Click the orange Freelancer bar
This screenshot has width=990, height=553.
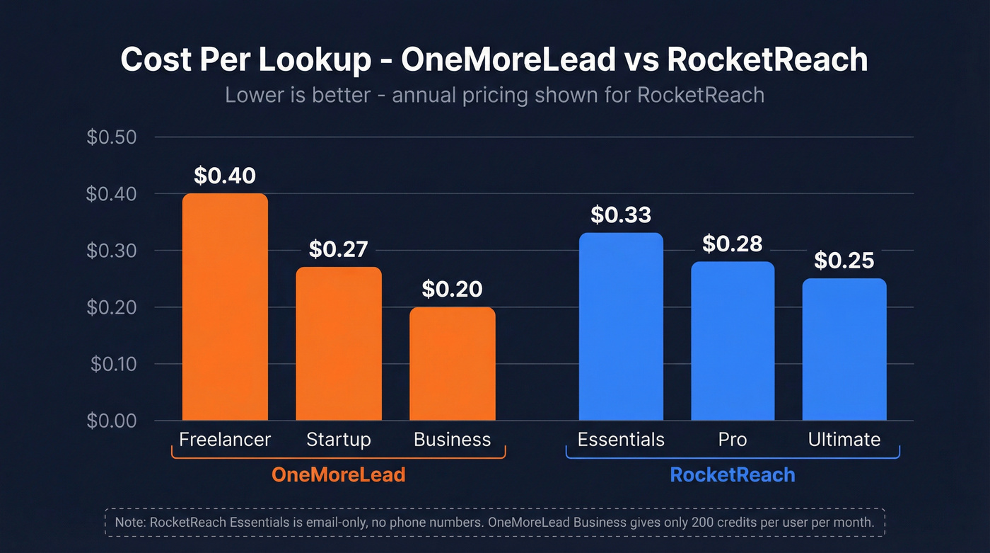[225, 307]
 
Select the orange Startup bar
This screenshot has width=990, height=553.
[338, 344]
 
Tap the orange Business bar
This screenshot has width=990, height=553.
[452, 364]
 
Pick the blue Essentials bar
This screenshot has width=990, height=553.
[621, 327]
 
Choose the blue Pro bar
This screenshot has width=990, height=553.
[733, 341]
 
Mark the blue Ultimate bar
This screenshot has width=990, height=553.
[844, 350]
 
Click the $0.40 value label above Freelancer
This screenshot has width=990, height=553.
[225, 176]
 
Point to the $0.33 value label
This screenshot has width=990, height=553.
[621, 215]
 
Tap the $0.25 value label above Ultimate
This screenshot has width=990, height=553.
[844, 261]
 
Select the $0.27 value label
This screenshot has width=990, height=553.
[338, 249]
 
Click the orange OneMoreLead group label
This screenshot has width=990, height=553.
[338, 474]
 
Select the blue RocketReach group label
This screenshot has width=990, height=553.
[733, 474]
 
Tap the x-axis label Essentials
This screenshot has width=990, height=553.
[621, 440]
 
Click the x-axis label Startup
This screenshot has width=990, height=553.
[338, 440]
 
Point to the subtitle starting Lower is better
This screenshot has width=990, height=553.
[494, 95]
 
